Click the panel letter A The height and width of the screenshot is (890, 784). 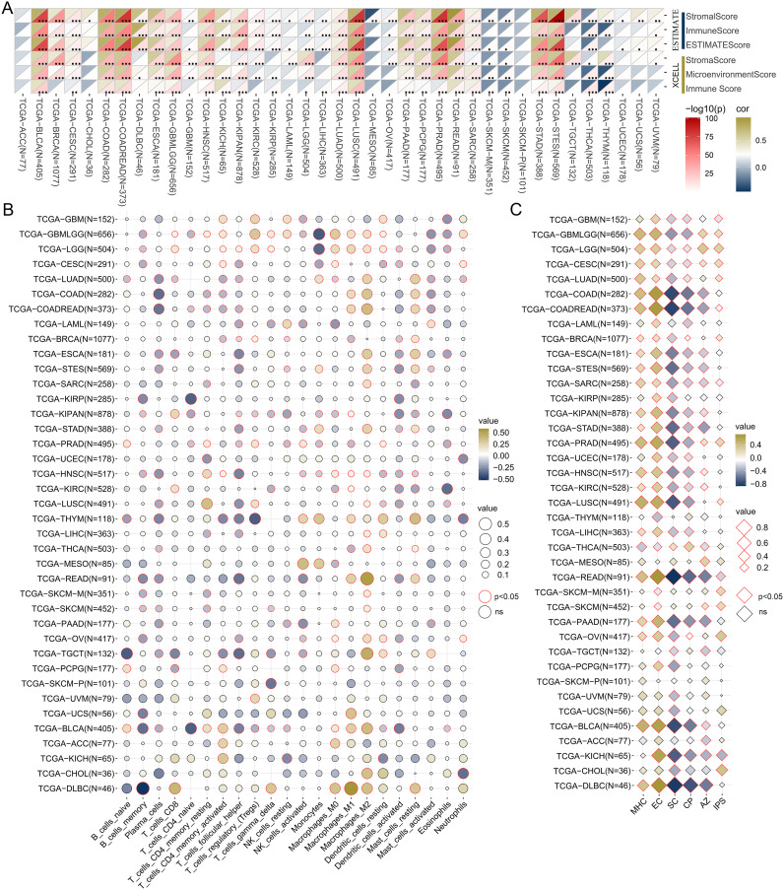point(7,7)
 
